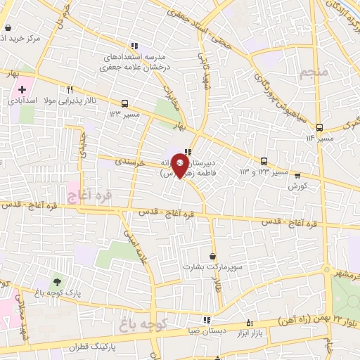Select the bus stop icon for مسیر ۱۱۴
pos(320,128)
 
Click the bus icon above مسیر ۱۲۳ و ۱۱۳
pos(264,161)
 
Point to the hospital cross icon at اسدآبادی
pos(22,90)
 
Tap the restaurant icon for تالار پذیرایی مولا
pos(70,90)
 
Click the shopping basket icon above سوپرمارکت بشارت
pos(212,256)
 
